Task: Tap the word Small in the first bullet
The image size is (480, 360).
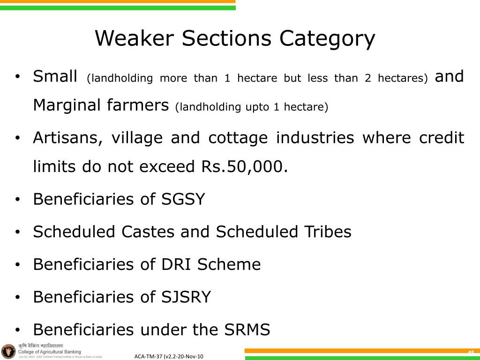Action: point(55,76)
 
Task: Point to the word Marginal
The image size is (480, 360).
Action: point(66,105)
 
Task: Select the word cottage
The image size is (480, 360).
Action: point(238,138)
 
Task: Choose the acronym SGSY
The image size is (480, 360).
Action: point(183,199)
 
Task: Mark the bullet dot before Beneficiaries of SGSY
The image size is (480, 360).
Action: point(17,200)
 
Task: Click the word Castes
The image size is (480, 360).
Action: point(149,232)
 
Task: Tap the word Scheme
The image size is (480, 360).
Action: point(229,264)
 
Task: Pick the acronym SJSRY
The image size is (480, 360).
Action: point(186,297)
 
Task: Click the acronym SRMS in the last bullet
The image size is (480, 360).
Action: point(247,330)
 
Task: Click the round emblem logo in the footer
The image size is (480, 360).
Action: point(8,351)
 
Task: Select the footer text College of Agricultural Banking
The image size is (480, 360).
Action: point(49,352)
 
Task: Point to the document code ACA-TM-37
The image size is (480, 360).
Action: point(148,357)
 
